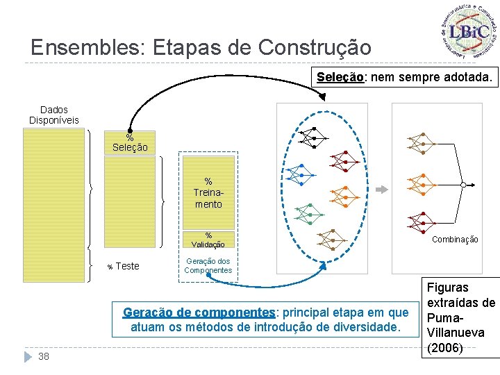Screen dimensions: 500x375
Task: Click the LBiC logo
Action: pyautogui.click(x=469, y=32)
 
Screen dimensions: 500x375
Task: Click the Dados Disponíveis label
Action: pyautogui.click(x=54, y=115)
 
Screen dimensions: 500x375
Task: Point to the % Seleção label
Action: pyautogui.click(x=130, y=143)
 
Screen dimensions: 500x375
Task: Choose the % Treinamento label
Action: pyautogui.click(x=208, y=193)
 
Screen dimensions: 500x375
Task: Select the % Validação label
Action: pyautogui.click(x=208, y=240)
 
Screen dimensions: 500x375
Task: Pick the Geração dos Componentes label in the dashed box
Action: pyautogui.click(x=208, y=265)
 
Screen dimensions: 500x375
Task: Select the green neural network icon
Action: pyautogui.click(x=303, y=212)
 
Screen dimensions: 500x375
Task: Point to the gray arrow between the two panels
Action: pyautogui.click(x=381, y=189)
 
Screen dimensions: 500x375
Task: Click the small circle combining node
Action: pyautogui.click(x=463, y=185)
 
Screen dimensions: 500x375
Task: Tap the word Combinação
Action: pyautogui.click(x=455, y=240)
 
